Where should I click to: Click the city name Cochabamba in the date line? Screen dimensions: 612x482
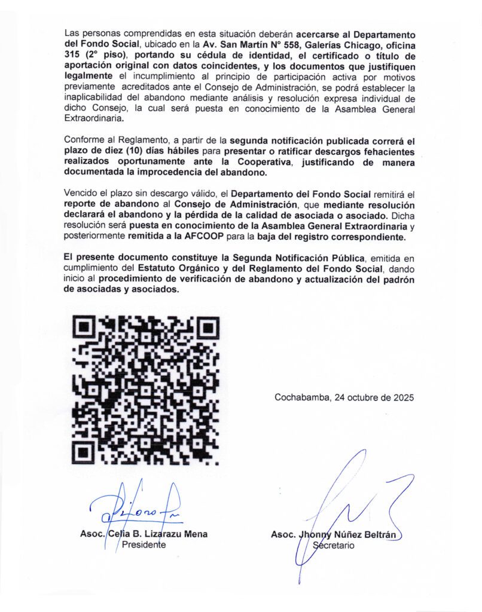pos(300,397)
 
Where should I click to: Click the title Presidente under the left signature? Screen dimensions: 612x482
pos(144,544)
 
